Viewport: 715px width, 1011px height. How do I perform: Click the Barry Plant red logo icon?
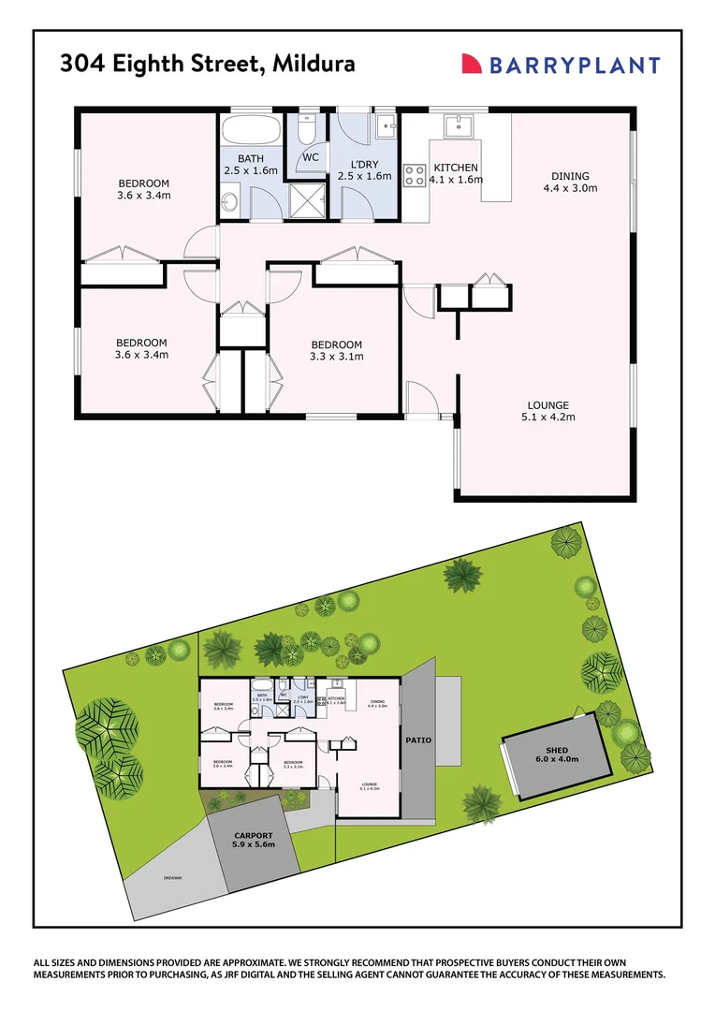pos(473,64)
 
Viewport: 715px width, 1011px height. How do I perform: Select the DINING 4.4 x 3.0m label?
pos(570,182)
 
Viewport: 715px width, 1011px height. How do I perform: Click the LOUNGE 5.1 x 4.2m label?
pos(548,411)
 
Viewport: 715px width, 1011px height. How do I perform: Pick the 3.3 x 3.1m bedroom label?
pos(336,349)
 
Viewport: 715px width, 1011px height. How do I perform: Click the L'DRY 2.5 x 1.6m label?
pos(364,169)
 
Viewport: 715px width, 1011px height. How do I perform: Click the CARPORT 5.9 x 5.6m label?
pos(253,840)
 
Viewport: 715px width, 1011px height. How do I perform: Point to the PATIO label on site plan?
pos(418,740)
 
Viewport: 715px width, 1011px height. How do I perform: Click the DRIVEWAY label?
pos(172,877)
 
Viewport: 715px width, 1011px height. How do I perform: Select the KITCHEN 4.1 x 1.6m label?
pos(456,173)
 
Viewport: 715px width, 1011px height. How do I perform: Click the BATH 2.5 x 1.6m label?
pos(252,165)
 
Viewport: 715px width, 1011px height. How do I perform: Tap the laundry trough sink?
pos(387,125)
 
